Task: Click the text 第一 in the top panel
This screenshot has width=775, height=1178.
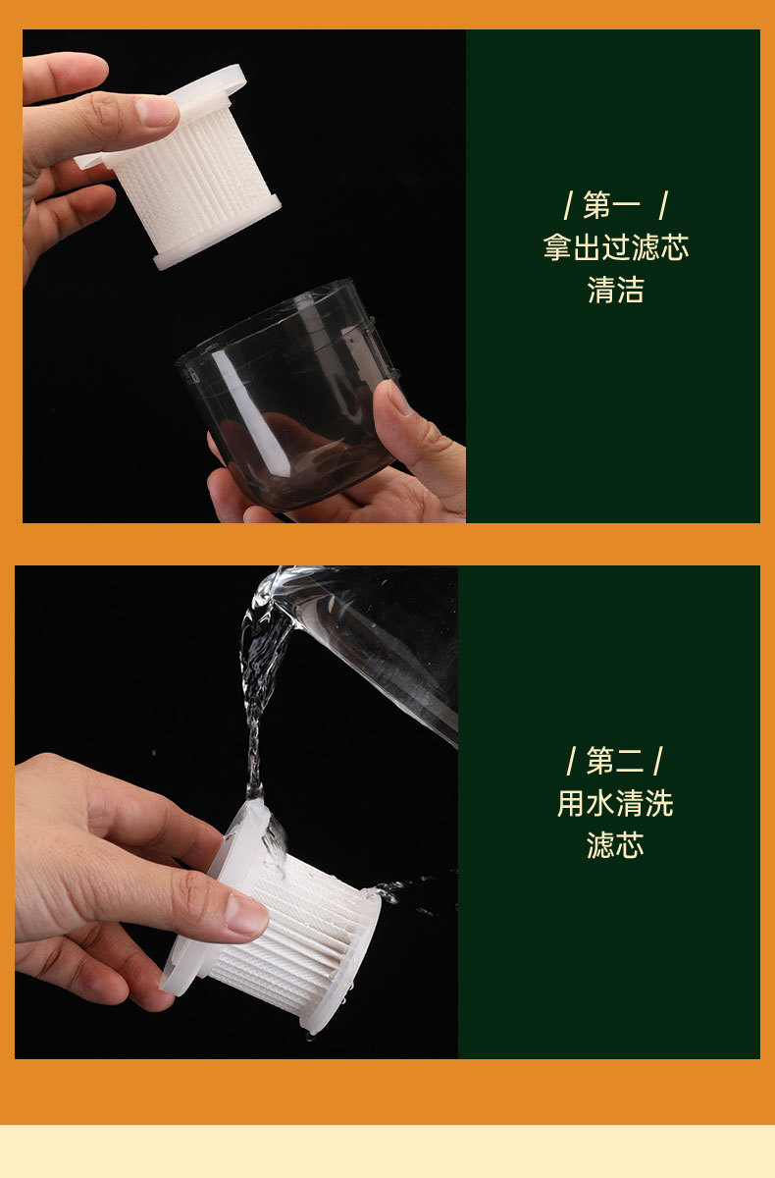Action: click(611, 205)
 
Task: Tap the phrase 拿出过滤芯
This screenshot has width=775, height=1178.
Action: click(616, 247)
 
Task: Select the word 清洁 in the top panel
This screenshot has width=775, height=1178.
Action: click(616, 290)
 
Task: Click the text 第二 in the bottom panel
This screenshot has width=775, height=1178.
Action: click(615, 761)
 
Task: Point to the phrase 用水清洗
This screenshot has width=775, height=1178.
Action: click(615, 803)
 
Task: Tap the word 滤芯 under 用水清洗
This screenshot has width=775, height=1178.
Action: click(615, 845)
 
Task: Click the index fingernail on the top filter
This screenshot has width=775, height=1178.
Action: click(157, 112)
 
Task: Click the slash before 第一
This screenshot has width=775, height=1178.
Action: click(568, 205)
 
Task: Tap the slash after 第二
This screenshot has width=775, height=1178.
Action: click(657, 761)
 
